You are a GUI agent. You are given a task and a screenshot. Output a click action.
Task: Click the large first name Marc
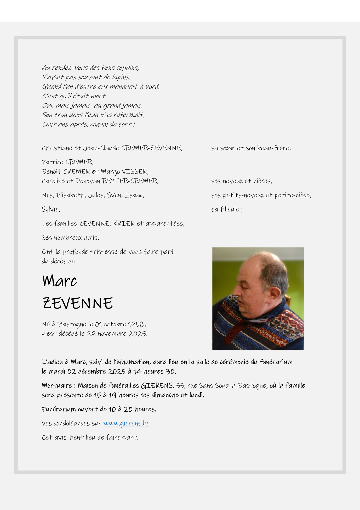[59, 281]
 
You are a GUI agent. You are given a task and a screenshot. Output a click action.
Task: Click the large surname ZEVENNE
[78, 303]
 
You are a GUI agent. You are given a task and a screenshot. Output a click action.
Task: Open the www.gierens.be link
[126, 423]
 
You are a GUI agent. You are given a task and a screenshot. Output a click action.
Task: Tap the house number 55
[180, 386]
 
